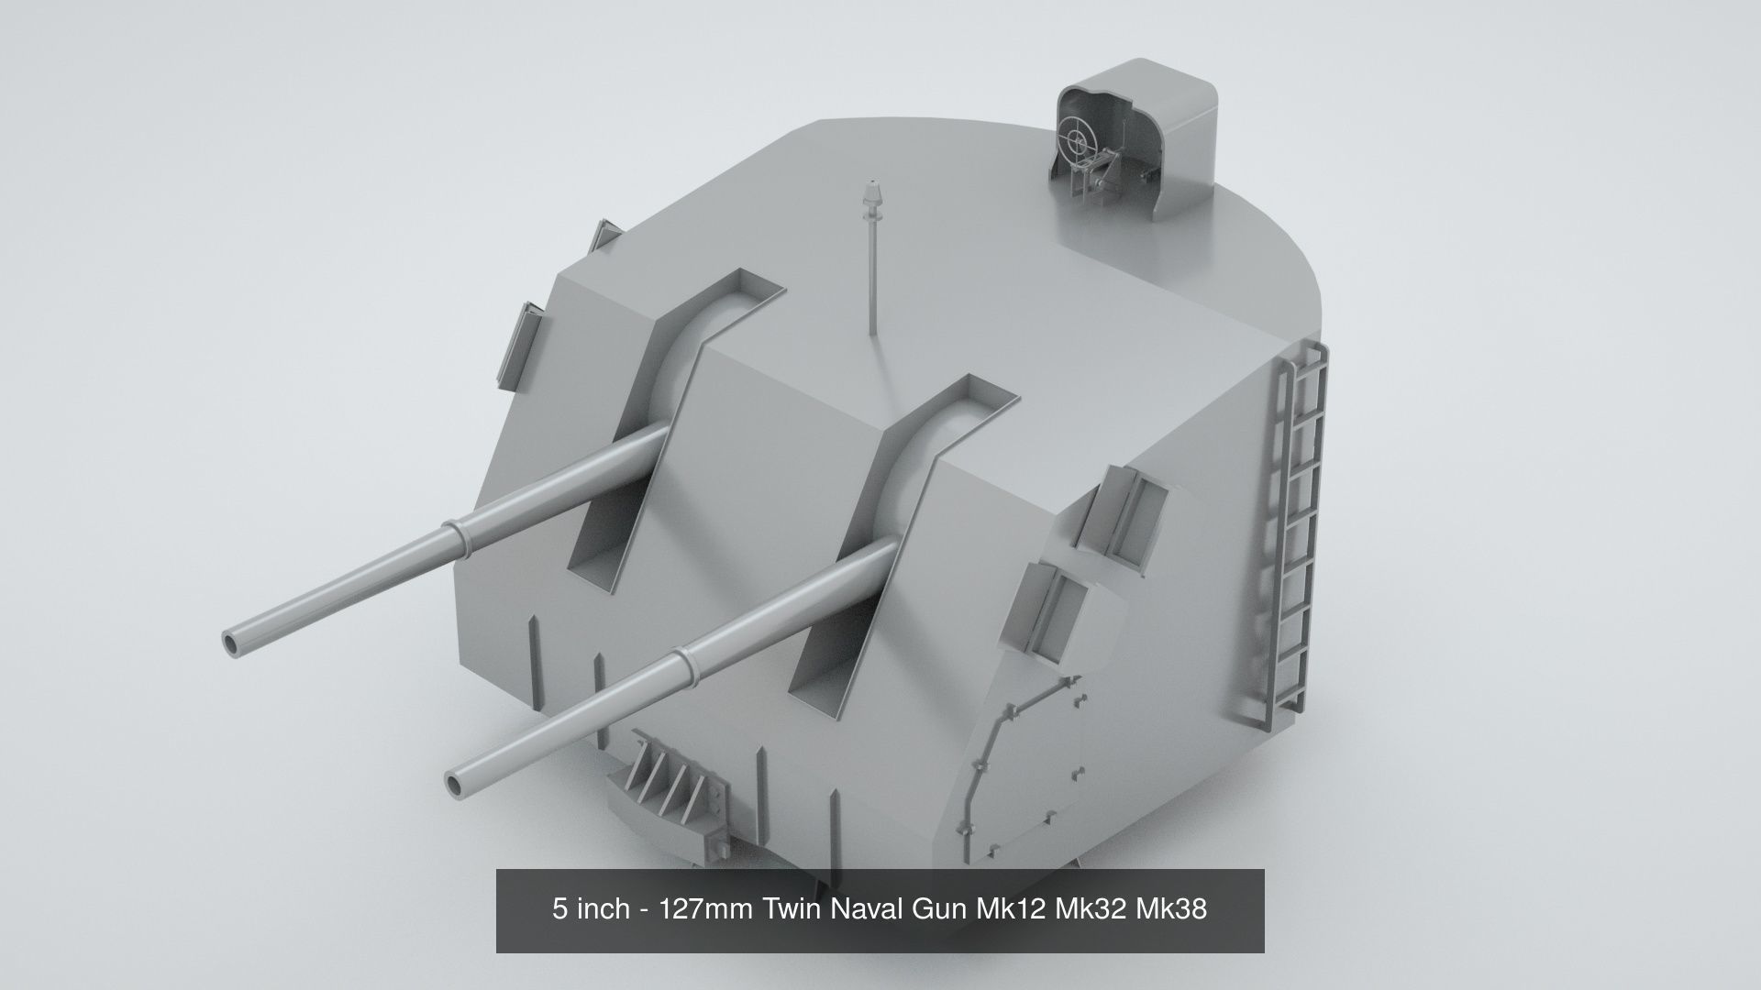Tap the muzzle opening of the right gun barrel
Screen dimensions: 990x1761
456,783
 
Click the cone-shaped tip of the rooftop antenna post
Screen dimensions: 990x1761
870,195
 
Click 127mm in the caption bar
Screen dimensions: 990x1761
703,909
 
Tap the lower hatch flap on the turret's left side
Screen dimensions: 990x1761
519,342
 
